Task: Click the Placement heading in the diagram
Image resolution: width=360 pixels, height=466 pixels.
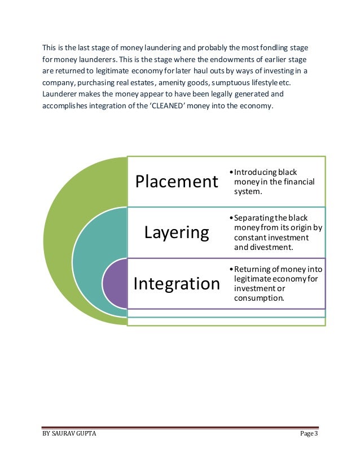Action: click(176, 182)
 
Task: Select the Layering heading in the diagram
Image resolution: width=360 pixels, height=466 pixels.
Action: click(176, 232)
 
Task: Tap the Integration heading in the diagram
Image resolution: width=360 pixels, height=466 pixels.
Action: click(176, 283)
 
